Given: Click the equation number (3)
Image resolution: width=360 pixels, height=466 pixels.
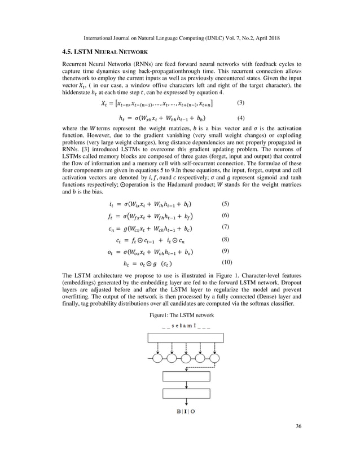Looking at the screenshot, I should pyautogui.click(x=240, y=103).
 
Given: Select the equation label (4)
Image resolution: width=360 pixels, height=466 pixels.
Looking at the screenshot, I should pyautogui.click(x=240, y=118).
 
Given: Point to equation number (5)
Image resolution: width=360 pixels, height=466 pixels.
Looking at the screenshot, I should pyautogui.click(x=225, y=203).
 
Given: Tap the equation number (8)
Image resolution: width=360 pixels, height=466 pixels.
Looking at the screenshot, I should pyautogui.click(x=225, y=239).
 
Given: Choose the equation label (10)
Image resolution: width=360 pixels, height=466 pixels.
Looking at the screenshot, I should pyautogui.click(x=226, y=263).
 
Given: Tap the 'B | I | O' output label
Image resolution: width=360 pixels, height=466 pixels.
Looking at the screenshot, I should pyautogui.click(x=186, y=411).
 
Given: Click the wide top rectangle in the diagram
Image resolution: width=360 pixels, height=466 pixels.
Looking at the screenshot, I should pyautogui.click(x=186, y=337).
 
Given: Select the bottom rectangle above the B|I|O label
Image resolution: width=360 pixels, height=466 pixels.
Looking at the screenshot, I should pyautogui.click(x=186, y=393).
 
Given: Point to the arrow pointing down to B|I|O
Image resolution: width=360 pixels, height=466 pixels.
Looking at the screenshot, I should pyautogui.click(x=186, y=403).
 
